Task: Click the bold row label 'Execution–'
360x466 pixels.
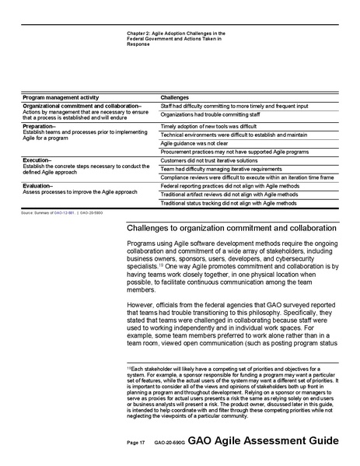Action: click(36, 158)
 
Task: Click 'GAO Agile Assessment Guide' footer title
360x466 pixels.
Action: click(267, 440)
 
